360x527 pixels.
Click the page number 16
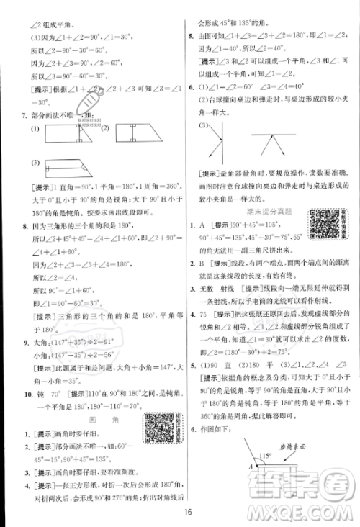[x=186, y=513]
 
